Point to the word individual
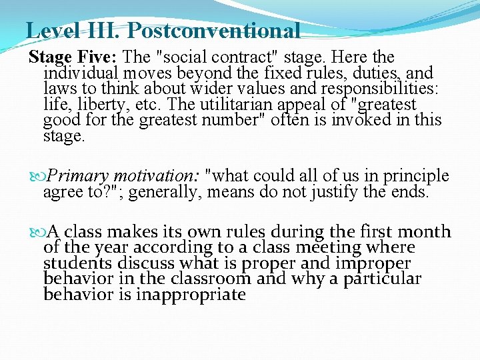point(81,73)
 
